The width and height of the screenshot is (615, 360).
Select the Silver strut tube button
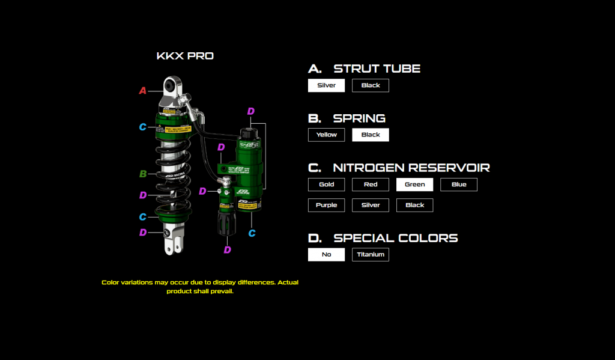click(x=326, y=85)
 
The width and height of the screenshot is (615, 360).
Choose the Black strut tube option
click(x=371, y=85)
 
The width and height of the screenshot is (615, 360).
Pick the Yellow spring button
click(x=326, y=135)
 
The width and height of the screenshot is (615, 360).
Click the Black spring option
click(x=371, y=135)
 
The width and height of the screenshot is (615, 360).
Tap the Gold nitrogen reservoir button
click(x=326, y=185)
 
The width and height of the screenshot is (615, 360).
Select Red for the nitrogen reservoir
click(x=371, y=185)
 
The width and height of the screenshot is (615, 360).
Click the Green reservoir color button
click(x=414, y=185)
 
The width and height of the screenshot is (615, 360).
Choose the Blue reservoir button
click(x=459, y=185)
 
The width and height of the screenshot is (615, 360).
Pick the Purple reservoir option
click(x=326, y=205)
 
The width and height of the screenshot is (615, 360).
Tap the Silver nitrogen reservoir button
click(x=371, y=205)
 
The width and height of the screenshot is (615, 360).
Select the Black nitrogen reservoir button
click(x=414, y=205)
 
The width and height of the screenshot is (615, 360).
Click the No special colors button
click(x=326, y=255)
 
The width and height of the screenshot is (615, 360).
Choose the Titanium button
click(x=371, y=255)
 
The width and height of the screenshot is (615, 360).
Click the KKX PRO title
click(x=185, y=56)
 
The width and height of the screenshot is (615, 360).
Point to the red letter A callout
click(x=143, y=91)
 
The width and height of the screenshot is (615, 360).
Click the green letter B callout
click(x=143, y=174)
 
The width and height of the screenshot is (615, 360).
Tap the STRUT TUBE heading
click(x=377, y=69)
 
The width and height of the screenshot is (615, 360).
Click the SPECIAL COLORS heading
click(x=395, y=238)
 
